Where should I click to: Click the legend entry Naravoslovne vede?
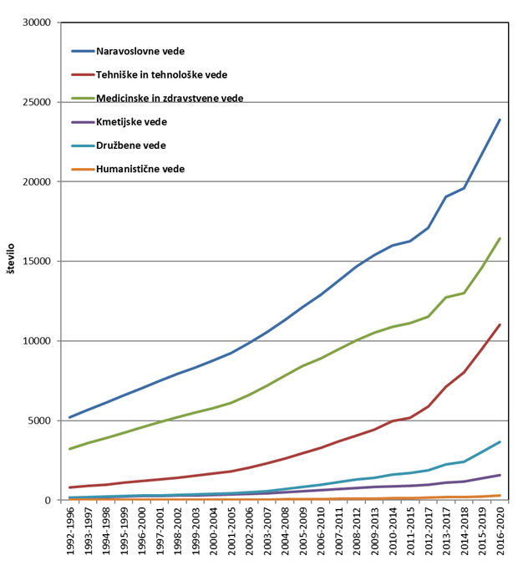tap(140, 50)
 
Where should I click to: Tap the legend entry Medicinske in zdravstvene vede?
tap(170, 98)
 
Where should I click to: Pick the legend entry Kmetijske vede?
tap(131, 122)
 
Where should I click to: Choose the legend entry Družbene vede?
tap(130, 145)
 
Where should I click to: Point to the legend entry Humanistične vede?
tap(140, 169)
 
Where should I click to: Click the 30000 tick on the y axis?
tap(38, 23)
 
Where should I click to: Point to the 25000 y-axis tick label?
tap(38, 102)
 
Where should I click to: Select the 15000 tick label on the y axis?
tap(38, 262)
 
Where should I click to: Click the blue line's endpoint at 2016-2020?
tap(500, 120)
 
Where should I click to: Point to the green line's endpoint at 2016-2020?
tap(500, 238)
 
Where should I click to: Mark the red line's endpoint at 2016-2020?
tap(500, 324)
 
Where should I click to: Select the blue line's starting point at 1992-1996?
tap(69, 417)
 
